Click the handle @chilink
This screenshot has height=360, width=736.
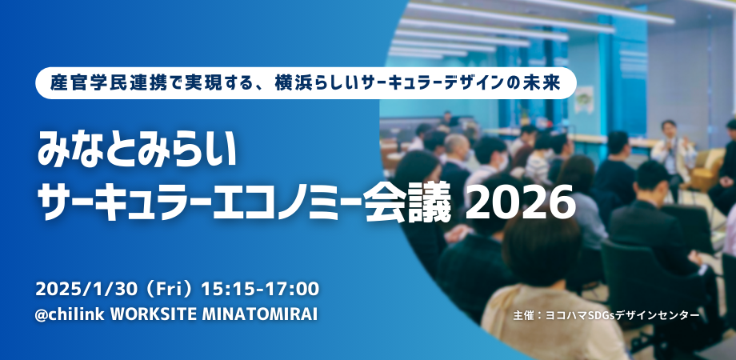point(69,314)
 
